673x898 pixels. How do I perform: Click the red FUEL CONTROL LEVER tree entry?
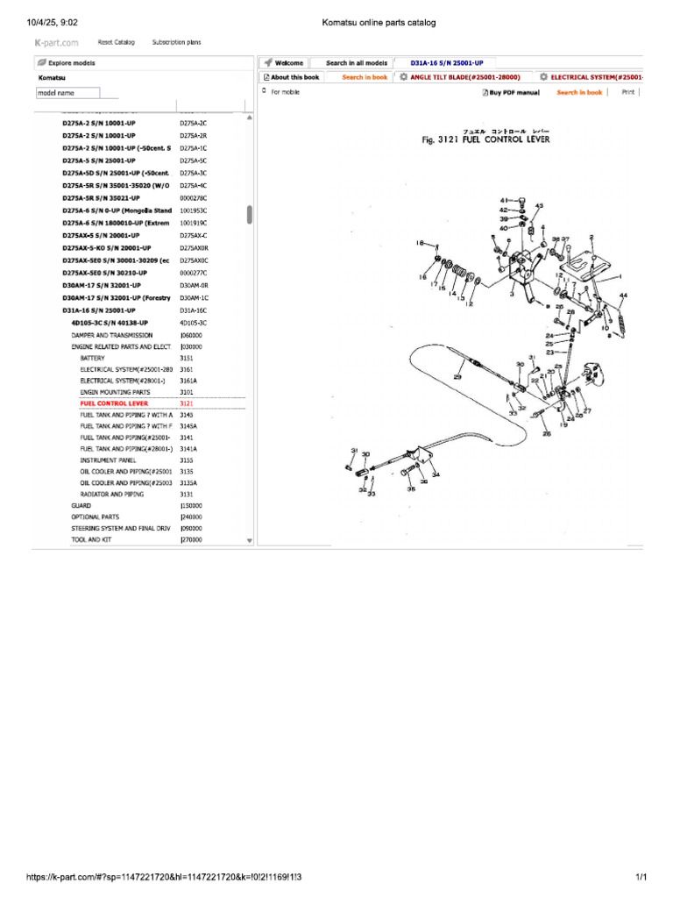(x=114, y=403)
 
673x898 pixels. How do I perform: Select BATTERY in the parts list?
(x=92, y=359)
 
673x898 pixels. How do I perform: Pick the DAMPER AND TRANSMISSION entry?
(x=111, y=335)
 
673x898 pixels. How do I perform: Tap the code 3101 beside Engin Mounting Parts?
(x=187, y=392)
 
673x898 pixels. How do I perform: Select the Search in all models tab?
(x=356, y=63)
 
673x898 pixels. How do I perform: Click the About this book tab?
(x=292, y=77)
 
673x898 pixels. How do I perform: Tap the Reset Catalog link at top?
(x=116, y=41)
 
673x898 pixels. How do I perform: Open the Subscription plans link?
(x=176, y=41)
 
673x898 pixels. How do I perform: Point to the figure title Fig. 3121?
(x=486, y=140)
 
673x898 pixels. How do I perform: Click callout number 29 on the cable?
(x=457, y=376)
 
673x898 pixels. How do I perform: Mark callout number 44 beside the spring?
(x=623, y=295)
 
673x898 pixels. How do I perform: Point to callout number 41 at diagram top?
(x=504, y=200)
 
